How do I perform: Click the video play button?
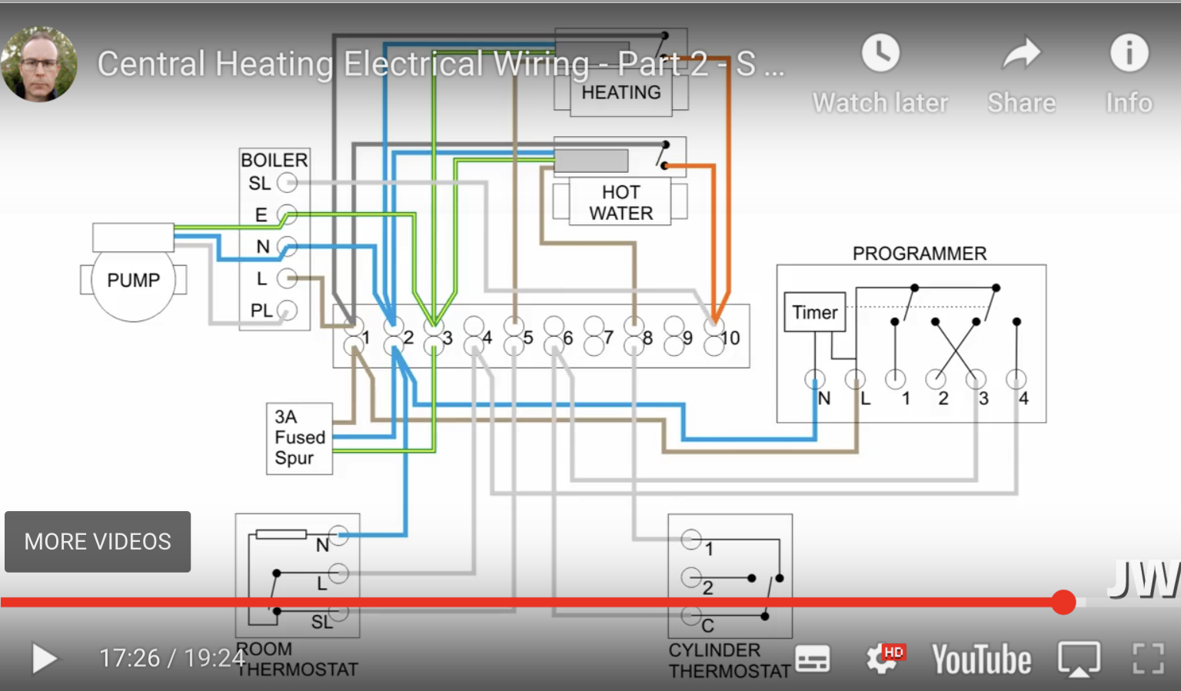45,659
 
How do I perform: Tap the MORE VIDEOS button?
98,542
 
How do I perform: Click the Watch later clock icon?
880,53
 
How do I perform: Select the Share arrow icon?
1021,54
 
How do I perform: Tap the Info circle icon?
1129,53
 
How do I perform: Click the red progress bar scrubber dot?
1063,602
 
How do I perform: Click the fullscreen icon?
1149,659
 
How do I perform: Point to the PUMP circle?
134,281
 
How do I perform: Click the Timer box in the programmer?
815,312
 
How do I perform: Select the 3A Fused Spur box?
299,438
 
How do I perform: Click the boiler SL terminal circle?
287,183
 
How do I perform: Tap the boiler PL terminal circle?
287,311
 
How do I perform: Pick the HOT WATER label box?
620,202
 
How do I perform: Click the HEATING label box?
621,94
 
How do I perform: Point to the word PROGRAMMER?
919,254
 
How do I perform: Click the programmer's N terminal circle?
815,379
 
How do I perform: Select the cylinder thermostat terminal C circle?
691,615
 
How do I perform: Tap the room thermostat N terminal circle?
338,536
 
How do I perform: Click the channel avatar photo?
39,65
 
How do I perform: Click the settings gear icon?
882,659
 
